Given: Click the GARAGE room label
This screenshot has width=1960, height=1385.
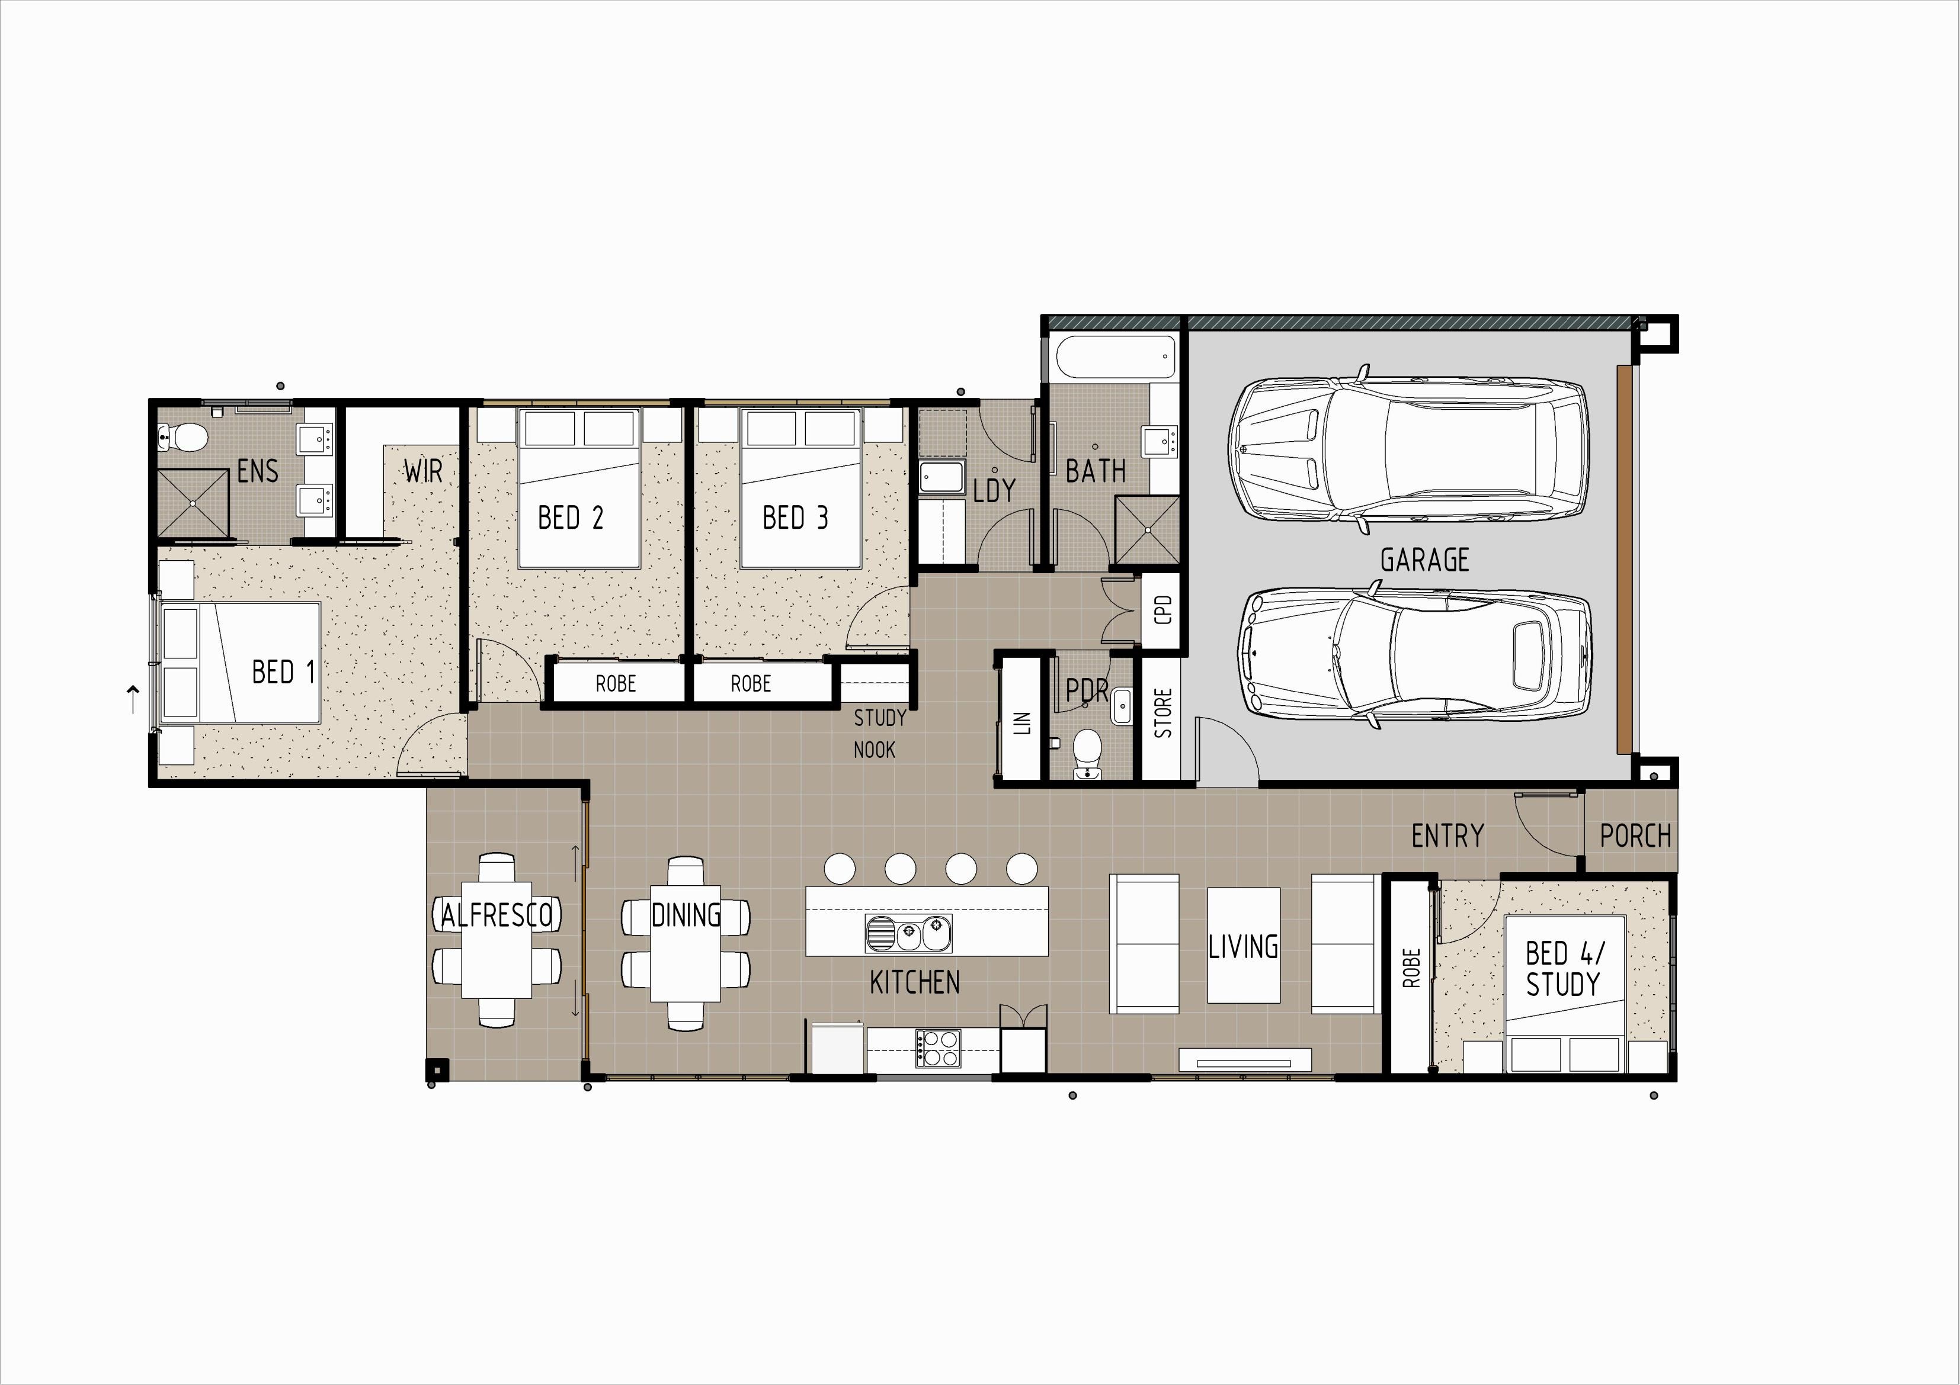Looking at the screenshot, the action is pyautogui.click(x=1425, y=560).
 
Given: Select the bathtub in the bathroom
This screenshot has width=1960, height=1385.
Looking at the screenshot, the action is pyautogui.click(x=1116, y=356).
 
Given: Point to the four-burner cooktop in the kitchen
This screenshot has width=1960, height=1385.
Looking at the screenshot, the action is pyautogui.click(x=938, y=1049).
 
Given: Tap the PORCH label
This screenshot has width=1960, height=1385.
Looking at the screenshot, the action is pyautogui.click(x=1635, y=836).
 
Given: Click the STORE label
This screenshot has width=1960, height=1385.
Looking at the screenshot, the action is pyautogui.click(x=1162, y=714).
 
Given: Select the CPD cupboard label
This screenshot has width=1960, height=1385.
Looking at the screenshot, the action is pyautogui.click(x=1162, y=609).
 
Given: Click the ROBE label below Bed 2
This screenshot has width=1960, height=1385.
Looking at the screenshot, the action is pyautogui.click(x=616, y=683).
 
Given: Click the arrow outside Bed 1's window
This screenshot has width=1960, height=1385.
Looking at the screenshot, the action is pyautogui.click(x=132, y=700).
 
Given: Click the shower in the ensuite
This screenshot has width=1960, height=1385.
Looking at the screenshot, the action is pyautogui.click(x=194, y=503).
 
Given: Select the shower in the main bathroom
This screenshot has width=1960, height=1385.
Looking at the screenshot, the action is pyautogui.click(x=1147, y=529).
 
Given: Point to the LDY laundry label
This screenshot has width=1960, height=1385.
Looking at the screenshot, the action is pyautogui.click(x=994, y=490).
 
